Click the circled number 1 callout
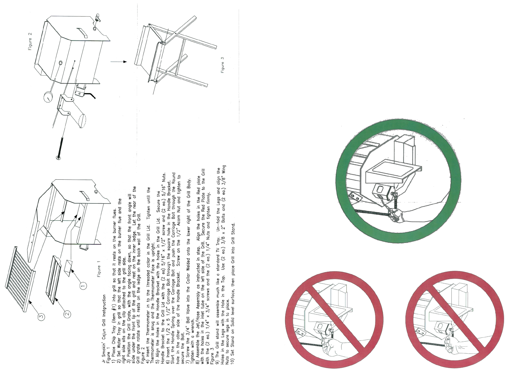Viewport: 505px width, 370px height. (83, 285)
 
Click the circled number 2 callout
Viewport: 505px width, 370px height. (67, 313)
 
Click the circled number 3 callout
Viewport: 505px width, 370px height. (41, 317)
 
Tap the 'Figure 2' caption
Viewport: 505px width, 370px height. (30, 41)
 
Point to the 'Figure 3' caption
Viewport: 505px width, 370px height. (223, 64)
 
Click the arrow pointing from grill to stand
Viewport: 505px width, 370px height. (119, 62)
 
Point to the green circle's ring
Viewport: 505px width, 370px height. (342, 181)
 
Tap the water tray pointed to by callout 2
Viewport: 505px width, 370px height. (54, 280)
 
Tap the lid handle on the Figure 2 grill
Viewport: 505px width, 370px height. (82, 33)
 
